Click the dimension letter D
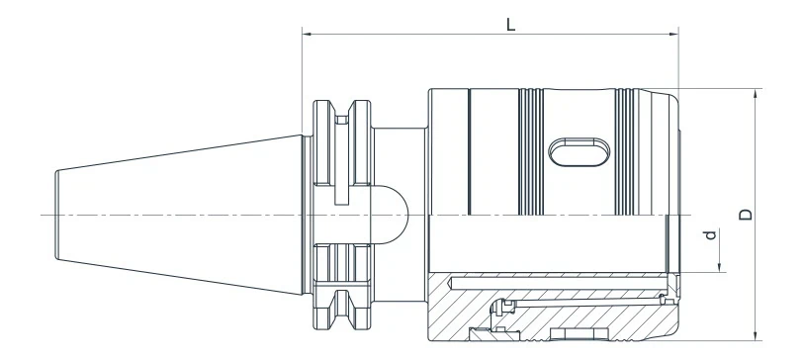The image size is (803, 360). [746, 214]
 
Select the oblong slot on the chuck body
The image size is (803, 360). [579, 154]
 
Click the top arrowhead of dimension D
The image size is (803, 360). [756, 94]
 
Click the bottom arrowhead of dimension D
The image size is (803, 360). [756, 333]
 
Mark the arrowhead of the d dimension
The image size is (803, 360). [721, 266]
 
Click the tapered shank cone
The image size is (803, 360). [178, 215]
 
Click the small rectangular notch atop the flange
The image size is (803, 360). [342, 120]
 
